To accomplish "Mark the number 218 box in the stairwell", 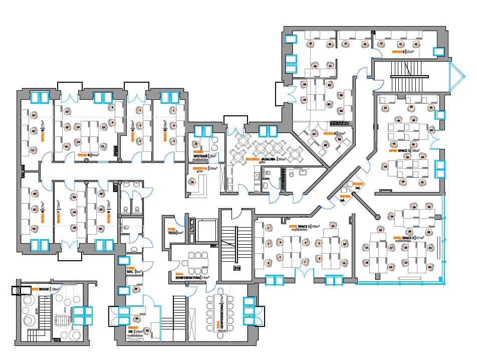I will pyautogui.click(x=236, y=268).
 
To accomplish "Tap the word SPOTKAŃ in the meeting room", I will pyautogui.click(x=200, y=156).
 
